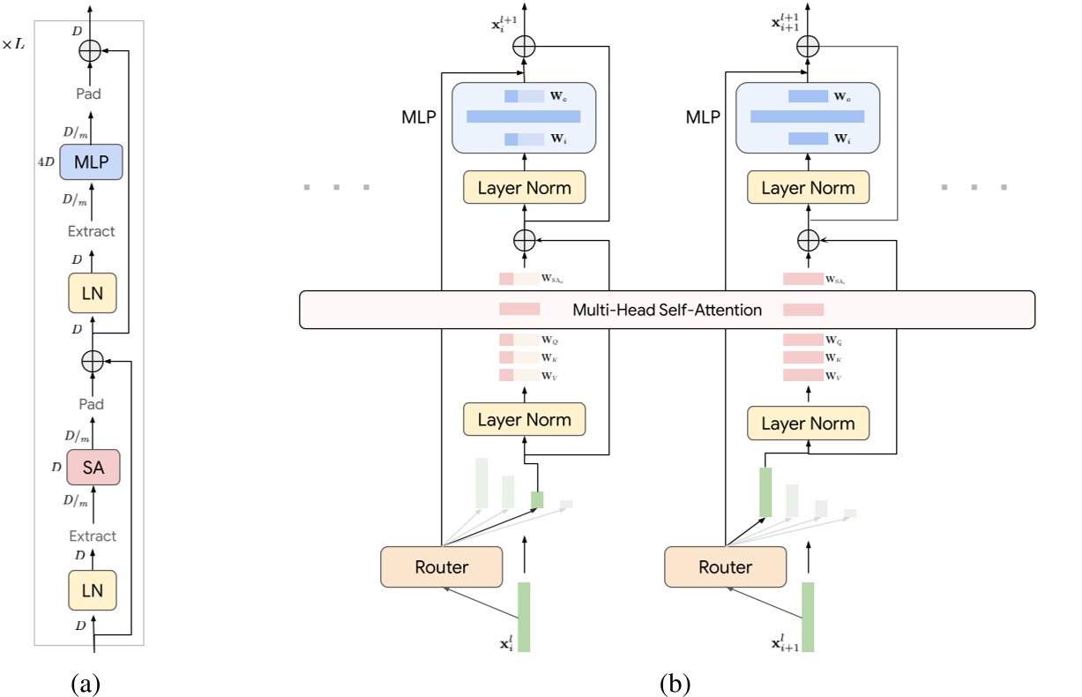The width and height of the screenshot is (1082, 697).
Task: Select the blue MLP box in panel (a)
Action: point(91,163)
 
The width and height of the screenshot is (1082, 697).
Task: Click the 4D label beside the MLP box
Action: point(44,163)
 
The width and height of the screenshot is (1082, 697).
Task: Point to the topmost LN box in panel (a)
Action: point(92,292)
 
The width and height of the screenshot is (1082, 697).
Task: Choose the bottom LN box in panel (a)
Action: point(92,590)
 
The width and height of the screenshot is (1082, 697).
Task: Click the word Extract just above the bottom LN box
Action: point(92,536)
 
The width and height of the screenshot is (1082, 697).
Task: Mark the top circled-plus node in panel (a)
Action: point(91,51)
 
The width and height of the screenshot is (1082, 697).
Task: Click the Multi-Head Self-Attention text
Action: point(667,310)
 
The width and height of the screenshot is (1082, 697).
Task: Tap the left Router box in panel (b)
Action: point(441,566)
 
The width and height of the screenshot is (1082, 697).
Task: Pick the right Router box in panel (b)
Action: point(725,566)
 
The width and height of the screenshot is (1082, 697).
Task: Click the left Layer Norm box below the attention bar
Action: point(525,419)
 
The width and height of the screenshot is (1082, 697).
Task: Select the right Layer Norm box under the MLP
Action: point(808,188)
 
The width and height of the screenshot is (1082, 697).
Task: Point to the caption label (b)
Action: point(675,683)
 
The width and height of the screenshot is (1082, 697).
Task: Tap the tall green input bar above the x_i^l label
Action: point(524,616)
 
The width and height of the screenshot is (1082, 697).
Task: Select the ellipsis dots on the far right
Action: point(974,187)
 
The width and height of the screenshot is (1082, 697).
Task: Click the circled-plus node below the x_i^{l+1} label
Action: point(525,46)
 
